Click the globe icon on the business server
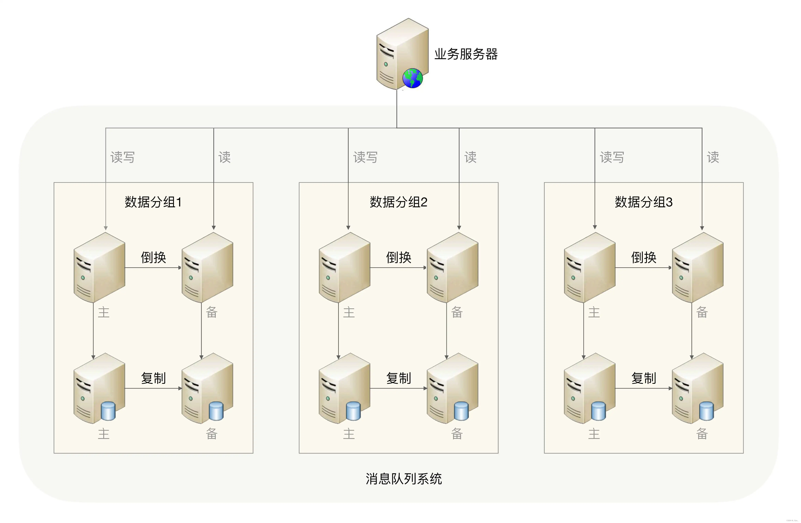pos(412,78)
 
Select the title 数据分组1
pos(153,202)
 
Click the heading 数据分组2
pos(399,202)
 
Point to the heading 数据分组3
pos(643,202)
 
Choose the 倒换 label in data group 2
pos(399,258)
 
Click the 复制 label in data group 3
pos(643,378)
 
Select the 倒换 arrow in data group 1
pos(153,268)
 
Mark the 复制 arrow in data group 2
pos(399,388)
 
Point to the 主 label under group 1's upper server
pos(104,312)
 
